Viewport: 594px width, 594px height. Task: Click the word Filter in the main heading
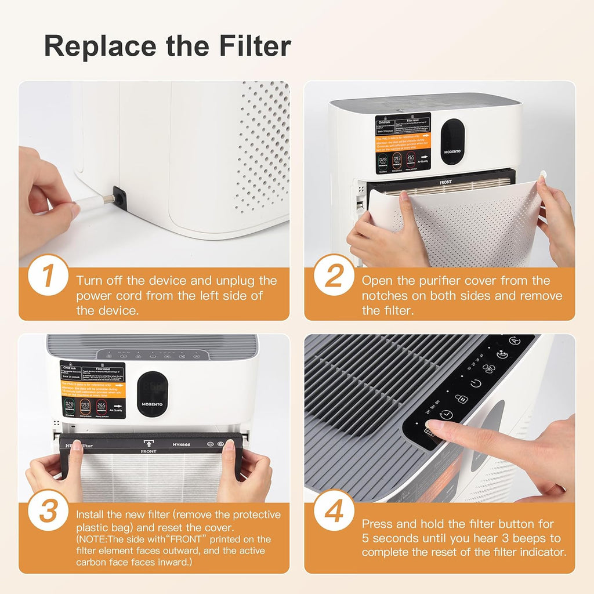(255, 46)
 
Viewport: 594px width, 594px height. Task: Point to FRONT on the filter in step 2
(445, 182)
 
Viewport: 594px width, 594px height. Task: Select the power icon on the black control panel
(475, 383)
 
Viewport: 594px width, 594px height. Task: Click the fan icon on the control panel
(489, 368)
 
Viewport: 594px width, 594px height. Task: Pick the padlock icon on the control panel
(461, 399)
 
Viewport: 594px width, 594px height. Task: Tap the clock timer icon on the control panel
(446, 414)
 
